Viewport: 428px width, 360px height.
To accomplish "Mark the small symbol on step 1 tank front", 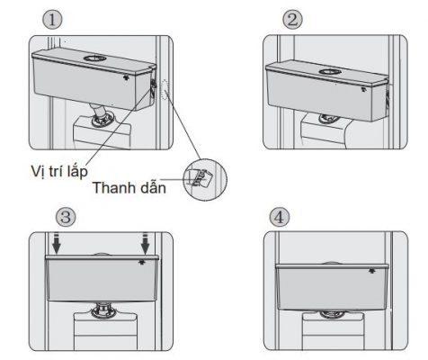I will [x=130, y=77].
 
